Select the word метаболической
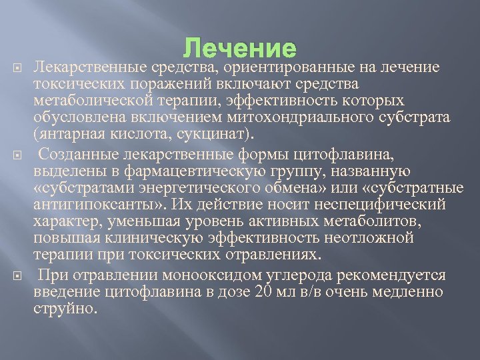(x=87, y=100)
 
